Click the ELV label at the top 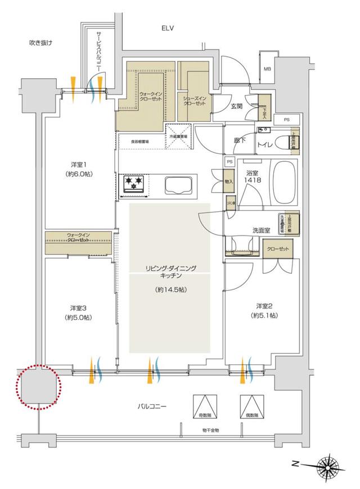pos(168,28)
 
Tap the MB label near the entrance pos(268,70)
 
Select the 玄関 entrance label pos(236,106)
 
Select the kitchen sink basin pos(178,185)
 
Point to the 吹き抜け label pos(40,43)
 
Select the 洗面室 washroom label pos(262,230)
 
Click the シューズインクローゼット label pos(193,101)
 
